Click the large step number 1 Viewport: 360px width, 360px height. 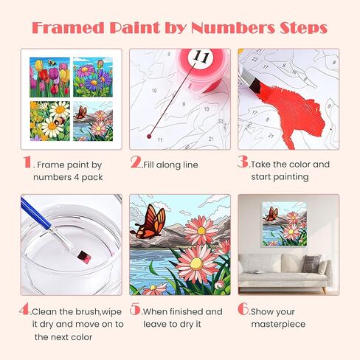pos(27,162)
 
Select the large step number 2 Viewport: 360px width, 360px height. pos(135,162)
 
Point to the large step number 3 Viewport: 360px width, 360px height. pos(243,162)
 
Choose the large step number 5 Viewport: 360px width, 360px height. pos(135,310)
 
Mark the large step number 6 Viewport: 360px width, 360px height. pos(243,310)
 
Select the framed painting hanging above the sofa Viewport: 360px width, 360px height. pos(282,224)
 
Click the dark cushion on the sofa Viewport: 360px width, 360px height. pos(312,263)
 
